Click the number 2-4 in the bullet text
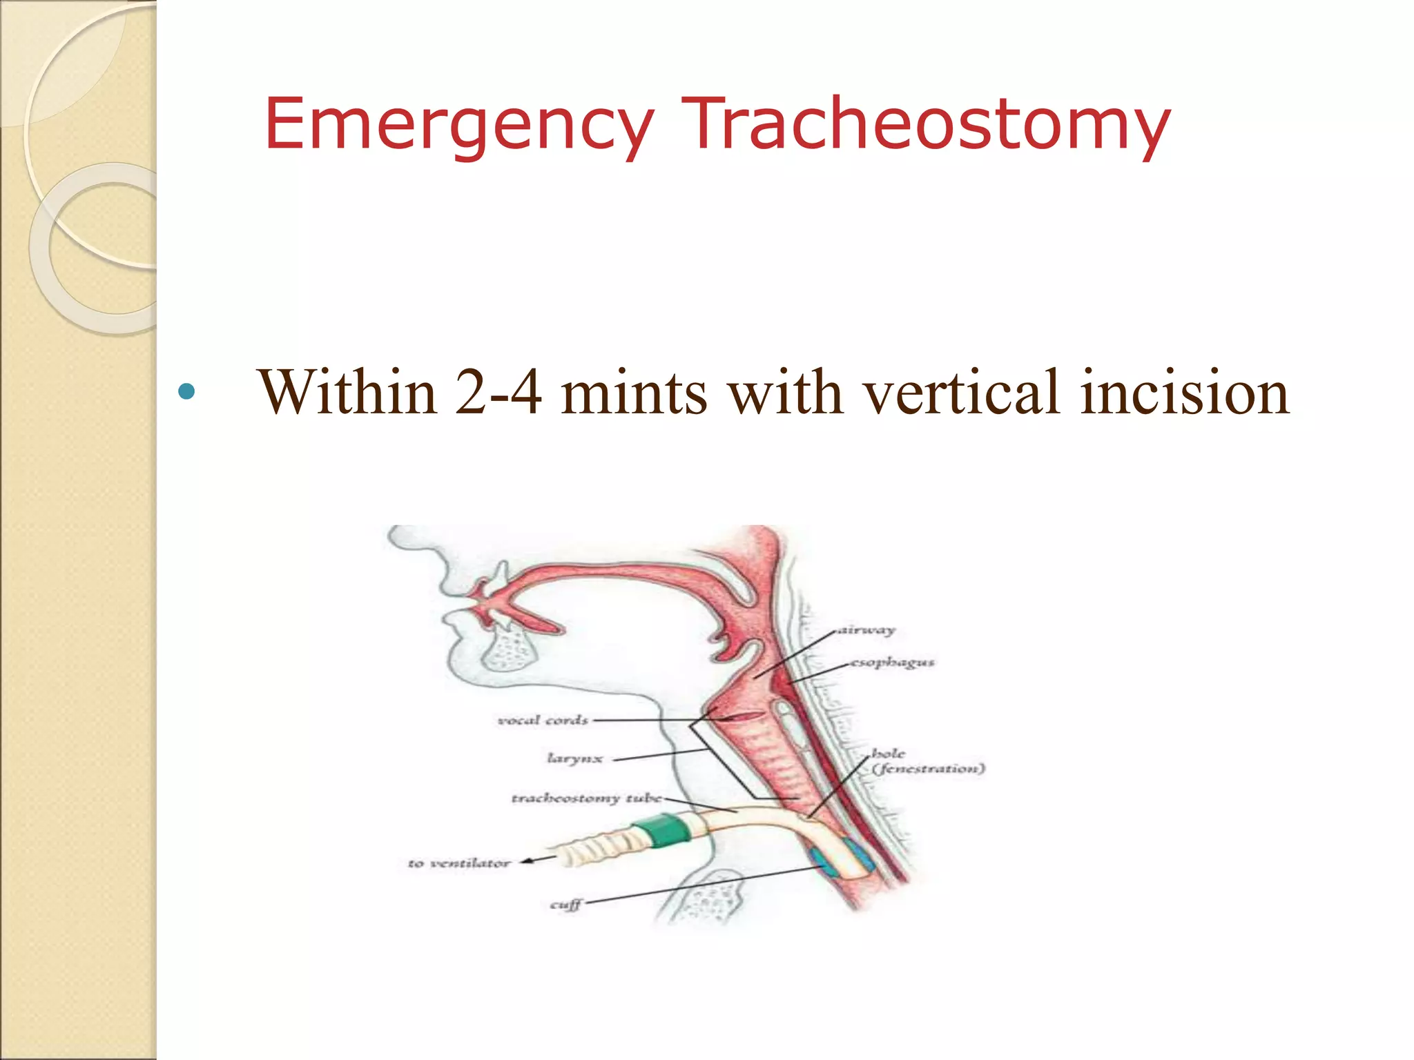pyautogui.click(x=498, y=393)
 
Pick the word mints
pyautogui.click(x=634, y=393)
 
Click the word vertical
pyautogui.click(x=962, y=393)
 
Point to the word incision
pyautogui.click(x=1185, y=393)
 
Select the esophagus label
pyautogui.click(x=892, y=662)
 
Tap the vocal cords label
pyautogui.click(x=543, y=720)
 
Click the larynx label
pyautogui.click(x=575, y=758)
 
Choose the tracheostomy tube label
pyautogui.click(x=586, y=798)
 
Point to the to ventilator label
pyautogui.click(x=458, y=863)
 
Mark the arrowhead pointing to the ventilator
pyautogui.click(x=527, y=861)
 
